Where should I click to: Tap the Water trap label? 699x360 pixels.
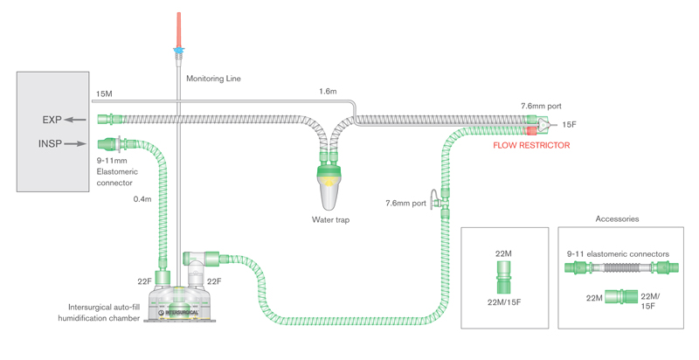(x=330, y=220)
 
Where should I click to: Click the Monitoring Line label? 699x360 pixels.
(x=213, y=79)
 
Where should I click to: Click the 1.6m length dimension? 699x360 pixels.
(x=328, y=91)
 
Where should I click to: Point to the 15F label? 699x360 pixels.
(x=569, y=125)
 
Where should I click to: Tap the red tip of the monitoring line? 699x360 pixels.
(x=178, y=26)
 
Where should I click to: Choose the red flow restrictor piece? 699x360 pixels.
(x=530, y=131)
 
